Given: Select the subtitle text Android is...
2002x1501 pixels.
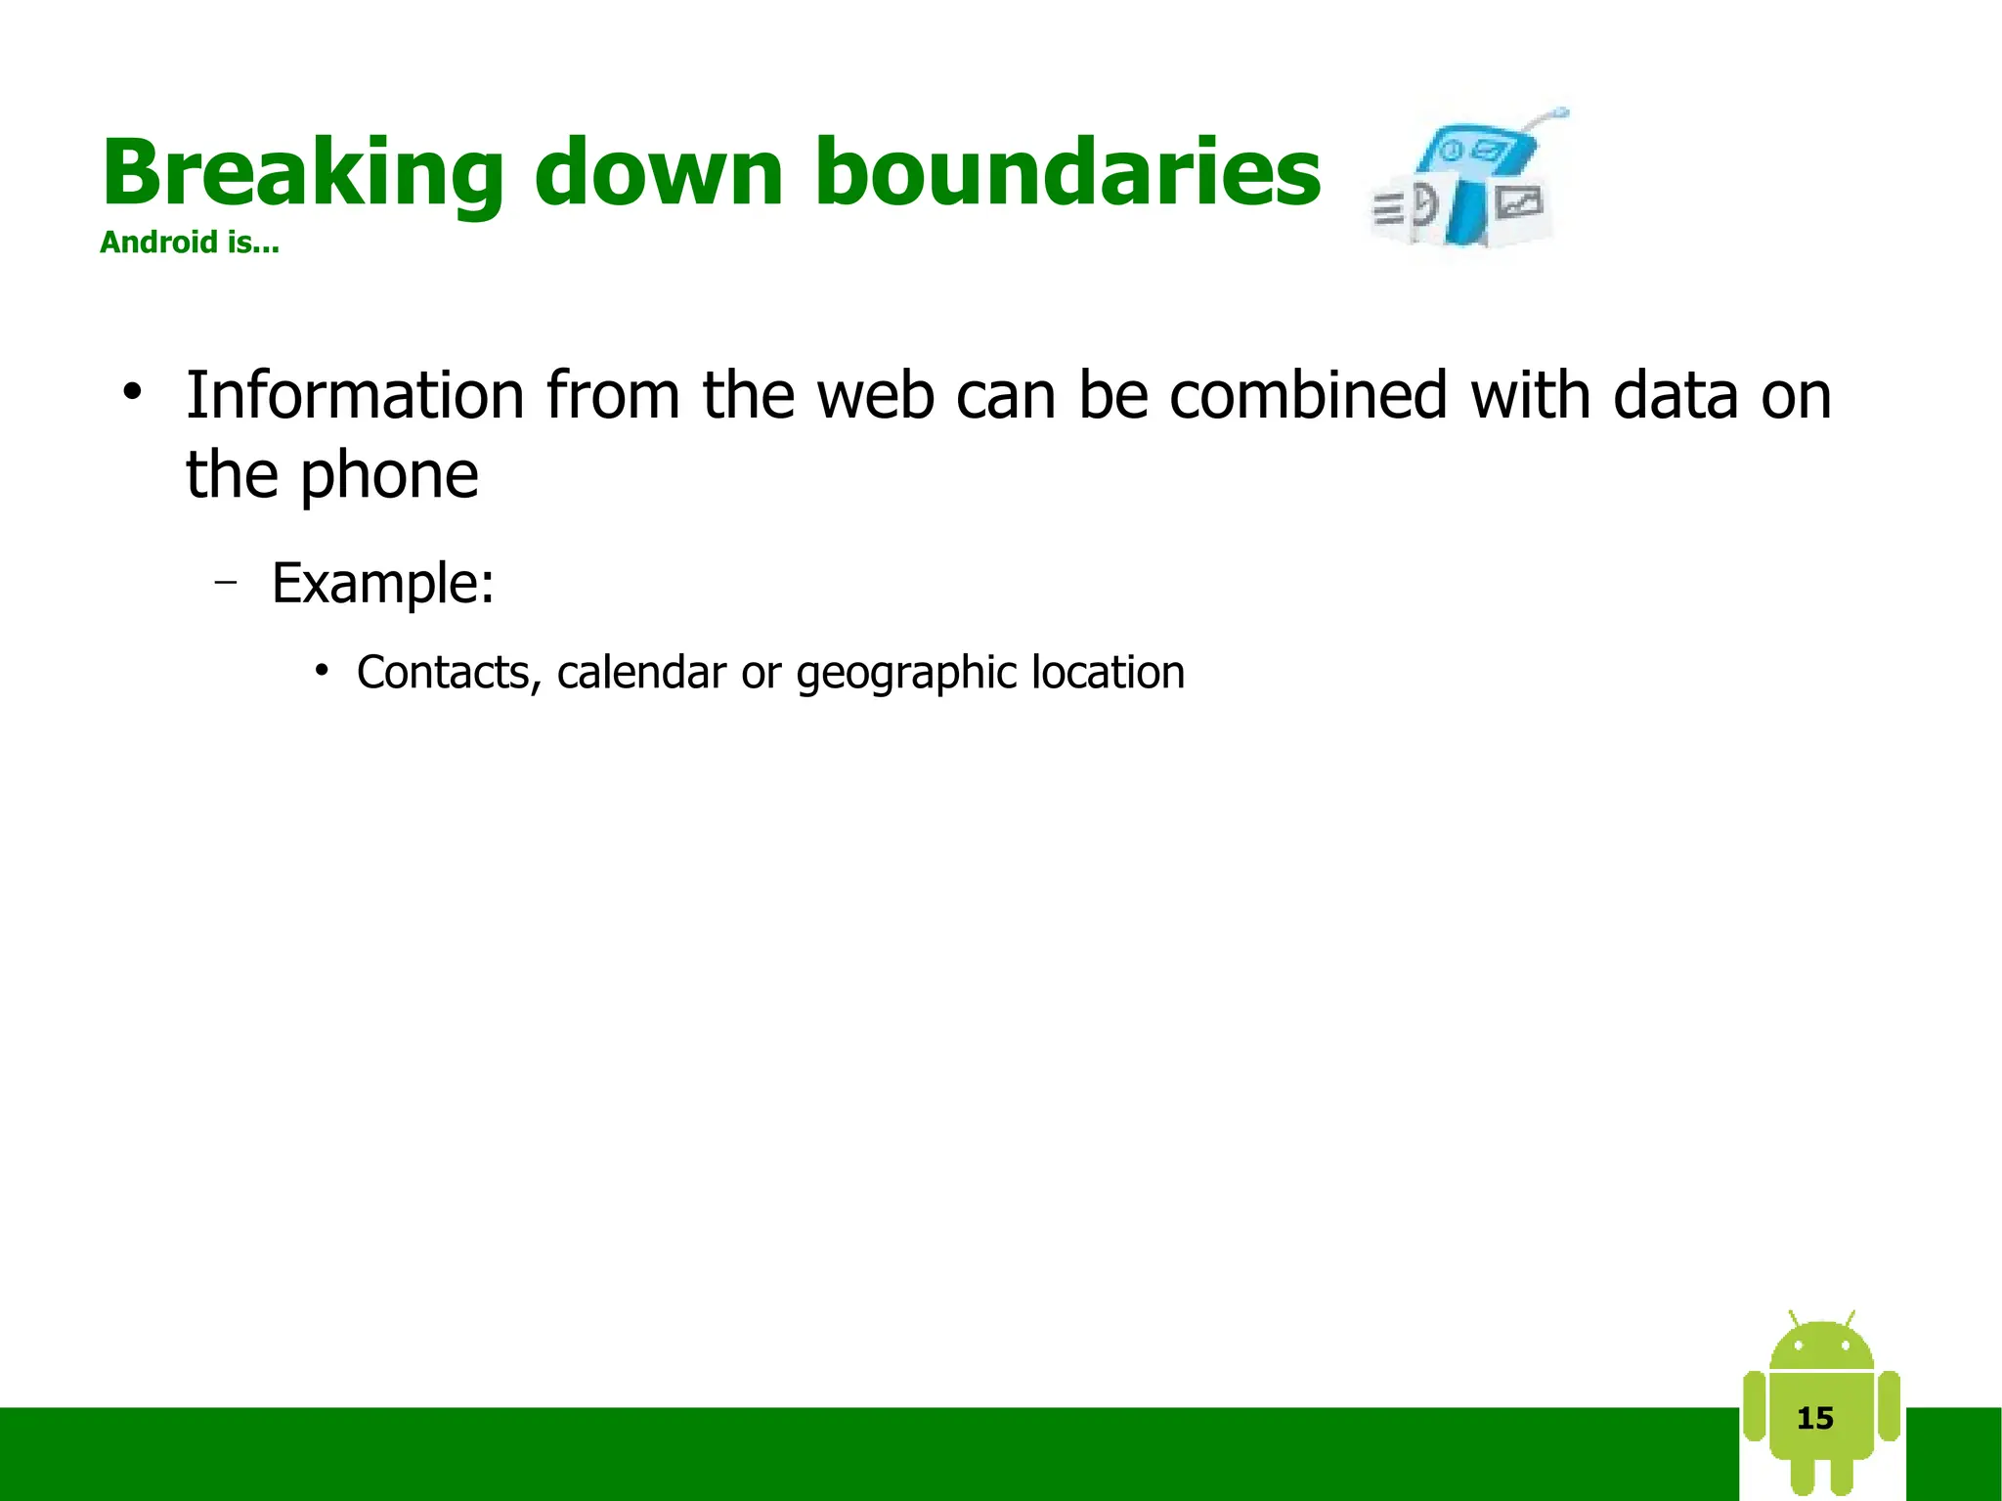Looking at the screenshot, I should (x=189, y=243).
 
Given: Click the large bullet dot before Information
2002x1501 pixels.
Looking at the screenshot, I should (x=132, y=393).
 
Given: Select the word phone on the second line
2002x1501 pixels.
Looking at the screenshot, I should (x=389, y=475).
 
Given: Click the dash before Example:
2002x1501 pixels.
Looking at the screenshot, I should (x=226, y=583).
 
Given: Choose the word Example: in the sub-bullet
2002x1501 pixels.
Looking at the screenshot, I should (x=382, y=583).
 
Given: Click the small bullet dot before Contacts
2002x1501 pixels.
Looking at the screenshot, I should (x=321, y=671).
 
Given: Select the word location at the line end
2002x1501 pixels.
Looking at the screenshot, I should (x=1108, y=673).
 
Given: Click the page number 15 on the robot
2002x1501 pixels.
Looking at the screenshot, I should (x=1815, y=1418).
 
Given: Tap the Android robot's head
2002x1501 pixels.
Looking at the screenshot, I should (x=1821, y=1348).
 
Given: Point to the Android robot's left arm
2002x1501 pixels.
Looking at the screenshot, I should (x=1755, y=1406).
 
